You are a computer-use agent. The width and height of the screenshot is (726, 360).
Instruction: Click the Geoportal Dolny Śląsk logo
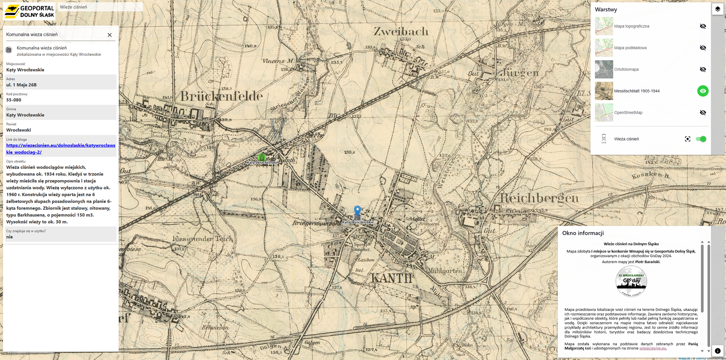29,11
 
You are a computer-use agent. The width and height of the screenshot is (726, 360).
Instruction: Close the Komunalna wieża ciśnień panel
110,35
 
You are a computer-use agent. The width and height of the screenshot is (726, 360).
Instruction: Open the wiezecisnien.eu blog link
60,149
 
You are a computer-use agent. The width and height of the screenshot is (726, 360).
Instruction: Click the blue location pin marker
357,211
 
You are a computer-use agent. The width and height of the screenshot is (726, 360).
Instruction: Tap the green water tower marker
262,157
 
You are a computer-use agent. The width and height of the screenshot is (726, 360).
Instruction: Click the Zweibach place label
401,31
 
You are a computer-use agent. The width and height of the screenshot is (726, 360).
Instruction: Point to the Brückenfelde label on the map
221,96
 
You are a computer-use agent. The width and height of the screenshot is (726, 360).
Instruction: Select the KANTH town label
391,278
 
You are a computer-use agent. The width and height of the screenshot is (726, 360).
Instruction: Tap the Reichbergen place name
539,198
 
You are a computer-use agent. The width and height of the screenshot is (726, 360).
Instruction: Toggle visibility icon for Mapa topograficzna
703,26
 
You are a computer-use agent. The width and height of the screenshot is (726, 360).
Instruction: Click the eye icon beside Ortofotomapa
703,69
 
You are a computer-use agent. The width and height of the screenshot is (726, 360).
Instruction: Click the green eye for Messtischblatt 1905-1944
703,91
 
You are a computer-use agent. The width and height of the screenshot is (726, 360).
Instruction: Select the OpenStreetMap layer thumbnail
604,112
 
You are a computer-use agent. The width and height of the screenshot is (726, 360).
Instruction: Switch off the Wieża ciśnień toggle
701,139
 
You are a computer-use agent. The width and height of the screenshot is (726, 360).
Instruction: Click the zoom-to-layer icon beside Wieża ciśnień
687,139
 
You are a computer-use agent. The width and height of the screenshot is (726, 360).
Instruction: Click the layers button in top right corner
717,9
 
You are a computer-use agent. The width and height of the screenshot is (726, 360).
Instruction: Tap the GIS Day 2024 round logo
631,281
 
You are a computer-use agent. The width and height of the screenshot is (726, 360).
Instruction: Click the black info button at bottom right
717,351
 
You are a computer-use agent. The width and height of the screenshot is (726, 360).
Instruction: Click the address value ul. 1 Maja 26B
22,85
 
